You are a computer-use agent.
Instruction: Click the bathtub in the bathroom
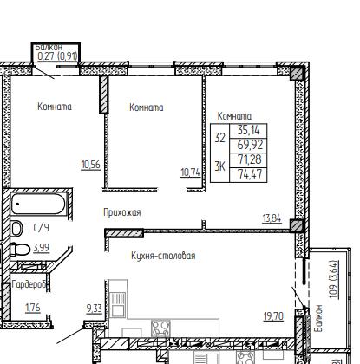click(38, 204)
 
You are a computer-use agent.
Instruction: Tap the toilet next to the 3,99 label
click(20, 249)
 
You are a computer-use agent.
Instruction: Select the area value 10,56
click(91, 165)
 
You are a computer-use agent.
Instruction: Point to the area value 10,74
click(190, 172)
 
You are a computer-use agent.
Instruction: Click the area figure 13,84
click(272, 218)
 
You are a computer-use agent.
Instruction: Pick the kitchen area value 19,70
click(273, 316)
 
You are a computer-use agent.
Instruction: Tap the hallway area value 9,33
click(95, 309)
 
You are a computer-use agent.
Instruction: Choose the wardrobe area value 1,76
click(33, 308)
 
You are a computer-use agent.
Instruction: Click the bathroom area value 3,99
click(42, 248)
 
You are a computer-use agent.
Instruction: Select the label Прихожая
click(122, 212)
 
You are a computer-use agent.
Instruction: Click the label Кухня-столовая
click(163, 256)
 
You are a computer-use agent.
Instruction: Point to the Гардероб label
click(29, 285)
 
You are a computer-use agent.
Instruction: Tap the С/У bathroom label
click(42, 228)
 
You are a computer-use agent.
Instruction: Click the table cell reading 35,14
click(248, 131)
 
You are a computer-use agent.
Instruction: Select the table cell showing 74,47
click(248, 174)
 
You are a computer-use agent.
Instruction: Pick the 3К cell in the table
click(219, 167)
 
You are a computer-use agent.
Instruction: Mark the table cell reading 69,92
click(248, 146)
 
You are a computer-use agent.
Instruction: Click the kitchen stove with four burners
click(160, 328)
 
